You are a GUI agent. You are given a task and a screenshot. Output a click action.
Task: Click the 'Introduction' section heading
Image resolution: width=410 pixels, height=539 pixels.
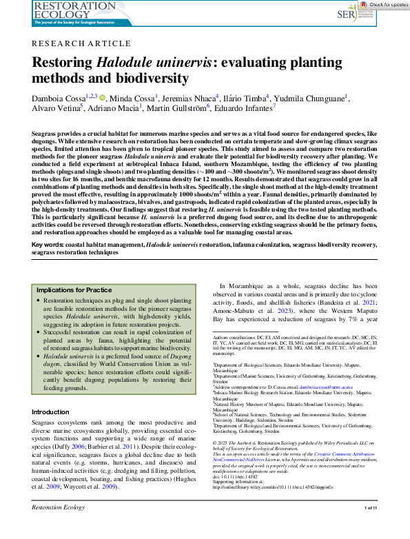tap(50, 411)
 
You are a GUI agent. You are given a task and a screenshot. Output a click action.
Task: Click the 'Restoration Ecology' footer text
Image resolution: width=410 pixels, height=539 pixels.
tap(57, 527)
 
